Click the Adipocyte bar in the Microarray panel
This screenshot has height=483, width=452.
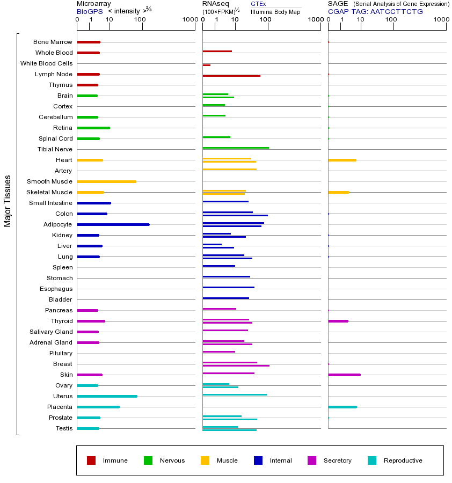(x=113, y=224)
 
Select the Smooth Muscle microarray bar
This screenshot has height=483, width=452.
(x=106, y=181)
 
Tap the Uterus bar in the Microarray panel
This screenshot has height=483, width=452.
(x=107, y=396)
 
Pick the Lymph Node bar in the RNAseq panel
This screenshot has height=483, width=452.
(x=231, y=76)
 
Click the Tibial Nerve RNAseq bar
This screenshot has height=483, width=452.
(x=236, y=148)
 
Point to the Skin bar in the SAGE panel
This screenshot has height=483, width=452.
(x=344, y=375)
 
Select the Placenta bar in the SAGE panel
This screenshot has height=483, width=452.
(x=342, y=407)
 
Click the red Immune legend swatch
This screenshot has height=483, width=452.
(x=91, y=460)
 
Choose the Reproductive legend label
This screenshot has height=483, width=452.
(x=403, y=460)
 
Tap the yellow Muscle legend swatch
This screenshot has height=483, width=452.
(x=205, y=460)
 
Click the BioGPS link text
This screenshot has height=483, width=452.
(x=89, y=11)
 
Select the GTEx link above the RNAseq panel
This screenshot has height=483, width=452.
(x=258, y=4)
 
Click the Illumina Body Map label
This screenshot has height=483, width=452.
(x=275, y=11)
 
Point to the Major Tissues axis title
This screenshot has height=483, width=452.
(x=8, y=201)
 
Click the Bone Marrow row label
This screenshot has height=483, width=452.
(x=53, y=42)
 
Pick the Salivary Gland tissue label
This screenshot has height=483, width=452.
(x=51, y=332)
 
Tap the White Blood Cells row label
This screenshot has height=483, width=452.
(x=46, y=63)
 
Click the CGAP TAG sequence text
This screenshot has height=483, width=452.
(x=375, y=11)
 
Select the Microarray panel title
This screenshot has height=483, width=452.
(x=94, y=4)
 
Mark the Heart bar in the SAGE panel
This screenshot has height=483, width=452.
(x=342, y=160)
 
